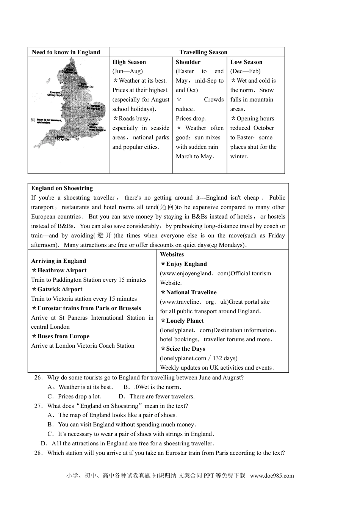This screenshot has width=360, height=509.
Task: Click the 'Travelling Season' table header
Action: coord(203,52)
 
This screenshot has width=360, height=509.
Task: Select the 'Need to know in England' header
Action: coord(66,52)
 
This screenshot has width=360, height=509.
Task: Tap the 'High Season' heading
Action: coord(129,62)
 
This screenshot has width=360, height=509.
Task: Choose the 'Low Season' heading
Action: coord(246,62)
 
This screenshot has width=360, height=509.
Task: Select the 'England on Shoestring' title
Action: coord(62,188)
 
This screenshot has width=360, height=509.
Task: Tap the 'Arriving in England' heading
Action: coord(59,261)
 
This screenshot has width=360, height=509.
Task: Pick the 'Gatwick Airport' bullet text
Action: coord(60,289)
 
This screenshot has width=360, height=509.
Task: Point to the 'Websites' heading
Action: coord(172,254)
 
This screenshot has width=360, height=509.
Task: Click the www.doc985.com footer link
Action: coord(272,476)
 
